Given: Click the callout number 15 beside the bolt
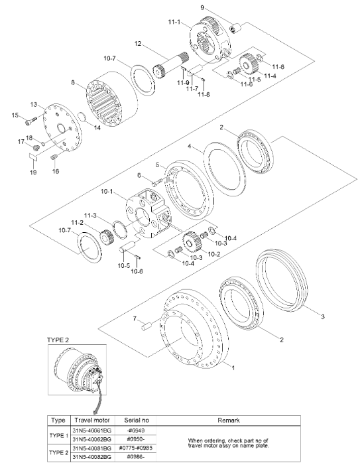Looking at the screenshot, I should pos(14,115).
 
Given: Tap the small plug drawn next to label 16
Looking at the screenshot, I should pos(54,157).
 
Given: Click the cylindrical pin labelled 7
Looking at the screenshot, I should pos(147,325).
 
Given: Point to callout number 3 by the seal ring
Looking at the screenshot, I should pos(322,318).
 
